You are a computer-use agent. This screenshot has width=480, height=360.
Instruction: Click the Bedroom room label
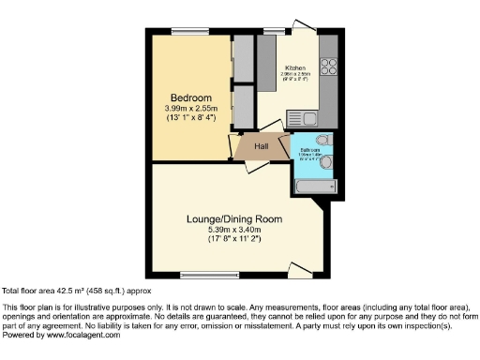(190, 97)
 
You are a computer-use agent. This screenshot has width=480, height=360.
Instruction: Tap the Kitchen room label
(295, 68)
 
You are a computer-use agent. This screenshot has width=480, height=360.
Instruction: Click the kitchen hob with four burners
(329, 67)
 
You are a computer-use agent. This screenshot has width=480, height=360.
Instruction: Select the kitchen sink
(308, 118)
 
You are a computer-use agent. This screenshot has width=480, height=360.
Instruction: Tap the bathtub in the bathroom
(312, 186)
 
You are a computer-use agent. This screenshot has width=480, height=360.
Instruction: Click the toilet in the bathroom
(323, 142)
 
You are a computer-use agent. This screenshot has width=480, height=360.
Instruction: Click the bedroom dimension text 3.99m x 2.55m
(190, 109)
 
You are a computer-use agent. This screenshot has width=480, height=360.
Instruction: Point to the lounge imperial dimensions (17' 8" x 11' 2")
(233, 240)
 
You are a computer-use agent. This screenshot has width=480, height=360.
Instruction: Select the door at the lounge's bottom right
(299, 271)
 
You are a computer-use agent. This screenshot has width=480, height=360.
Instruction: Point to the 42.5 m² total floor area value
(70, 291)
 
